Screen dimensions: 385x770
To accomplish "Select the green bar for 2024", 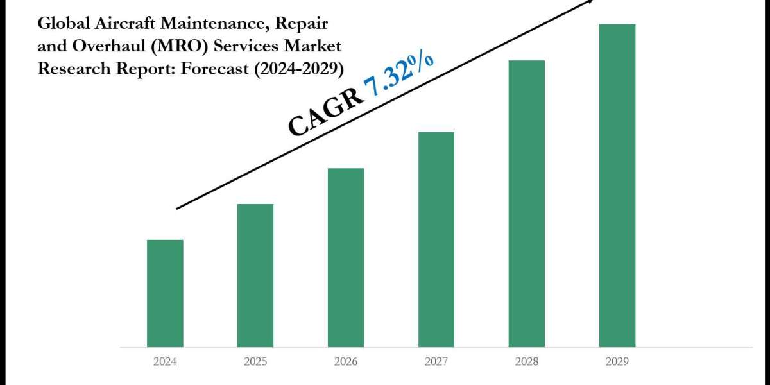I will point(165,293).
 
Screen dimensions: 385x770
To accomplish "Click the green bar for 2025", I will point(255,275).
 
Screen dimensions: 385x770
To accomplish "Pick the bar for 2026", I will point(346,257).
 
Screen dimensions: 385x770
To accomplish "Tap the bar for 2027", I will point(436,239).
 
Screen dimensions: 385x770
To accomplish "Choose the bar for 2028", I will point(527,203).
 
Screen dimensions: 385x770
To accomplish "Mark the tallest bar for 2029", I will point(617,185).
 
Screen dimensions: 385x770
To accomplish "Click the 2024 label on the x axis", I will point(165,361).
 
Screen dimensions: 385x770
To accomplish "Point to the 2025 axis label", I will point(255,361).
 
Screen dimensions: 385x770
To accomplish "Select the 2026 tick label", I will point(346,361).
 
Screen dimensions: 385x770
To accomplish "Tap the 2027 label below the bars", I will point(436,361).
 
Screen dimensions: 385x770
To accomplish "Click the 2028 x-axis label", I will point(527,361).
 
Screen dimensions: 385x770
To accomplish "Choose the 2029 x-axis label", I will point(617,361).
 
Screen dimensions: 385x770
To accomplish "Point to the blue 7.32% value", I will point(398,76).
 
